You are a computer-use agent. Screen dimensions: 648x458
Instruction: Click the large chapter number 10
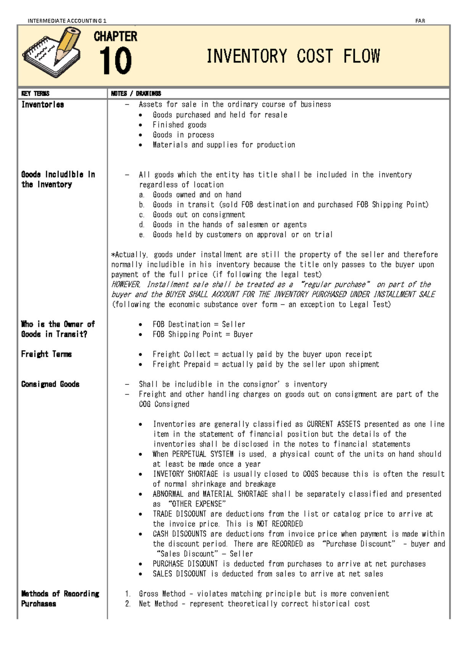(115, 61)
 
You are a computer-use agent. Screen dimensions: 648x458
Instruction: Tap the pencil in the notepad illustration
(67, 45)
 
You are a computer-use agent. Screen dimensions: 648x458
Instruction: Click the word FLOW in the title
(361, 56)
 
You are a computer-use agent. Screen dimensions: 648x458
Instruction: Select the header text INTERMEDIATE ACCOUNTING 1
(67, 21)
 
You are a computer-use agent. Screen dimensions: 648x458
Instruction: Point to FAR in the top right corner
(420, 21)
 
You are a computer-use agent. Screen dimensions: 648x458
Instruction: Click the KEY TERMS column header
(35, 94)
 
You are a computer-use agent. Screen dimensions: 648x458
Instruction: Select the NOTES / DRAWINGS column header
(136, 94)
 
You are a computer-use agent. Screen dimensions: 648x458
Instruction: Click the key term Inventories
(43, 105)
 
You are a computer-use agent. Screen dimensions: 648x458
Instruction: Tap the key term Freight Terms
(47, 354)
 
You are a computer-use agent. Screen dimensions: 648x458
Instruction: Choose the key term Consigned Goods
(50, 384)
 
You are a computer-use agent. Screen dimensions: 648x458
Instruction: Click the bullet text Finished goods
(179, 125)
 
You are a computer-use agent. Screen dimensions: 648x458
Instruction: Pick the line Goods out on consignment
(199, 215)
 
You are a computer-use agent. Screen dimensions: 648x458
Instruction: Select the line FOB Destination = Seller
(199, 324)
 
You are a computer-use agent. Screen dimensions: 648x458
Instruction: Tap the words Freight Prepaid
(181, 364)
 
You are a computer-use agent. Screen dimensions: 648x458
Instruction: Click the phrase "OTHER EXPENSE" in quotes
(197, 504)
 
